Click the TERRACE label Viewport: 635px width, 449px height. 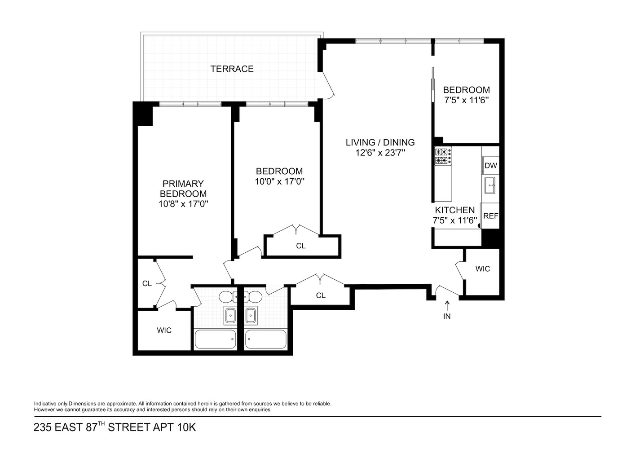232,69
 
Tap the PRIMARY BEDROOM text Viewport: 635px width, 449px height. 183,189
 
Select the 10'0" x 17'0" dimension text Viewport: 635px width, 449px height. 279,181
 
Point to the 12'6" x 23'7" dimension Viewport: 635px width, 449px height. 380,153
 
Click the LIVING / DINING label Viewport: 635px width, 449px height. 380,142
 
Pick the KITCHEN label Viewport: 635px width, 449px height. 454,210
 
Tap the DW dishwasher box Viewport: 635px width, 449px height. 490,166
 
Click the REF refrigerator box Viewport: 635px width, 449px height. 490,216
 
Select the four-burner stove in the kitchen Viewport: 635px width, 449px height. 443,156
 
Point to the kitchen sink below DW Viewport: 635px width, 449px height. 490,185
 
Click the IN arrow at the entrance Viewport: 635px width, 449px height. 447,306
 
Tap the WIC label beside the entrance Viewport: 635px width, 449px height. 483,269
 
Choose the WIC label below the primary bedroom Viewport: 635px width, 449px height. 164,330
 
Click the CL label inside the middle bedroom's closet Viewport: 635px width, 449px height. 301,246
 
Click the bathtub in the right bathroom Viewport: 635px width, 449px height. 265,339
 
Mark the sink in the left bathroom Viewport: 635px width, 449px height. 230,315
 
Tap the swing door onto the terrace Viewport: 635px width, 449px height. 327,88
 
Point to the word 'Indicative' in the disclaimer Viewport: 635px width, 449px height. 44,404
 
